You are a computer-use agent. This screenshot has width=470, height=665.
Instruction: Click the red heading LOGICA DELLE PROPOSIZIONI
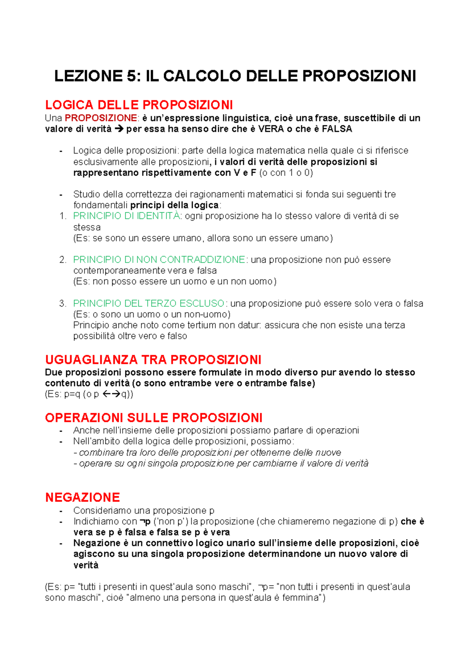click(139, 105)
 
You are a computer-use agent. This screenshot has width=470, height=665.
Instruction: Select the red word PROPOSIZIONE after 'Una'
click(101, 118)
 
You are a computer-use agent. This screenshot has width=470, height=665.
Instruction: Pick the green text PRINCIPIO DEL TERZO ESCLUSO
click(149, 304)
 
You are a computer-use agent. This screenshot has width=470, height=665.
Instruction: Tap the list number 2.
click(63, 260)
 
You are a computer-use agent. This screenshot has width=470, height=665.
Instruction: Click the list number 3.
click(63, 304)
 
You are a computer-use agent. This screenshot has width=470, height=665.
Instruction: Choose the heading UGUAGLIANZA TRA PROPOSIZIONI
click(153, 360)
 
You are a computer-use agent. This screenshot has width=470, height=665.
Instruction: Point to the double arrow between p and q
click(111, 394)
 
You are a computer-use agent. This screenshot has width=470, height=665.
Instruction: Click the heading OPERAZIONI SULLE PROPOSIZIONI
click(154, 417)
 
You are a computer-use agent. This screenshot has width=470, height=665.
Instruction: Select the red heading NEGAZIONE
click(82, 497)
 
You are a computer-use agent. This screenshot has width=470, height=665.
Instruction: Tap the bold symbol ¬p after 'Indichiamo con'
click(145, 521)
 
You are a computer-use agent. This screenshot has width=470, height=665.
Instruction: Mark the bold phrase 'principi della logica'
click(174, 205)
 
